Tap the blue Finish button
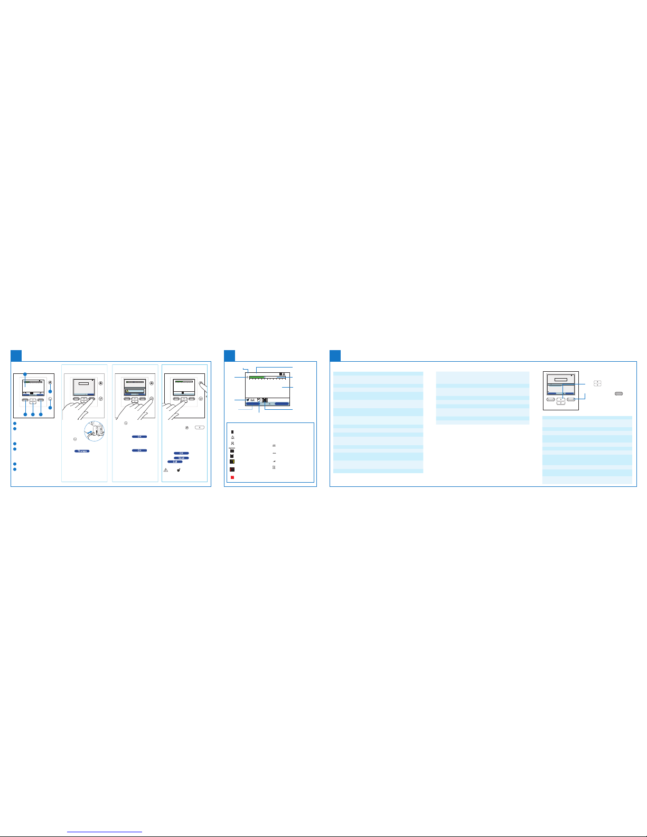coord(181,458)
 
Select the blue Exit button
coord(175,462)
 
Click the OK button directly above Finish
coord(181,454)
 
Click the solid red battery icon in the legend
coord(233,477)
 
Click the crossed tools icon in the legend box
coord(233,443)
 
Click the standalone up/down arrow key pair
coord(596,383)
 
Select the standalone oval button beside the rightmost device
coord(620,393)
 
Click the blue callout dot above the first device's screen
coord(24,374)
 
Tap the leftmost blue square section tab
coord(17,355)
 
